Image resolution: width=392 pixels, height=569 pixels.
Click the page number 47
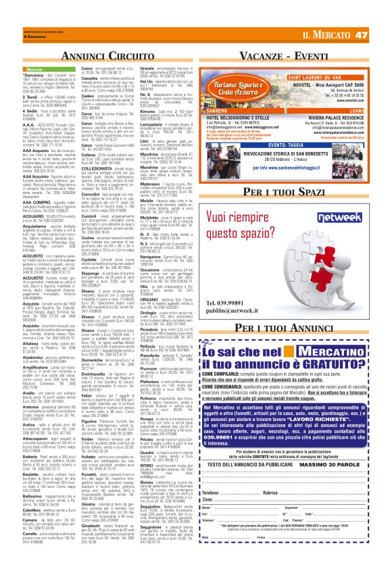[x=380, y=35]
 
